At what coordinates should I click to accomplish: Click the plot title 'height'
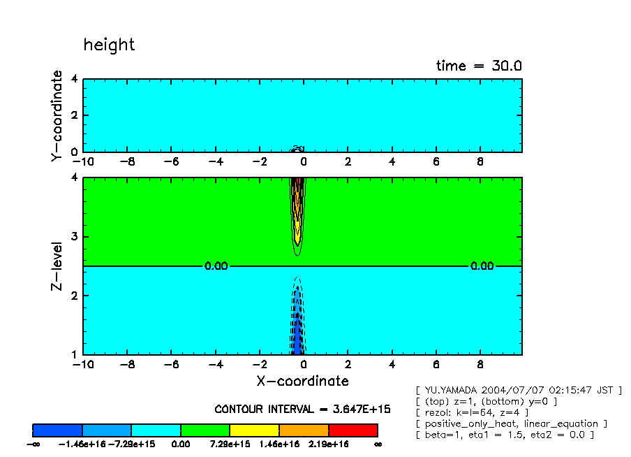tap(109, 45)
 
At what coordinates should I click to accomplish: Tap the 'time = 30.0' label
tap(479, 66)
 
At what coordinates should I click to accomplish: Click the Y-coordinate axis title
tap(57, 117)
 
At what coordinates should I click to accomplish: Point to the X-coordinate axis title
tap(302, 381)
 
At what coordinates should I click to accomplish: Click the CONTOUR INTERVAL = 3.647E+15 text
tap(302, 409)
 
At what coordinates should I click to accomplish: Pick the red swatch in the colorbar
tap(352, 430)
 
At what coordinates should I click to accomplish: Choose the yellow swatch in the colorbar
tap(254, 430)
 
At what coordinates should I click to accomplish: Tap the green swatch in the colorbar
tap(205, 430)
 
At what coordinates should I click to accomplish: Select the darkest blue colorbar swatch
tap(57, 430)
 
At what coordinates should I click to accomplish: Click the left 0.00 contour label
tap(216, 266)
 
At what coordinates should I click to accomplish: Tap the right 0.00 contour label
tap(482, 266)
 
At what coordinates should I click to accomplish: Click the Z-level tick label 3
tap(74, 237)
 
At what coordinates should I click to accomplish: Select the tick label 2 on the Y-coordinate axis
tap(74, 115)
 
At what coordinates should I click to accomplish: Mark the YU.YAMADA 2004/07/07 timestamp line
tap(518, 390)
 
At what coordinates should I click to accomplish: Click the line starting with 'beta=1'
tap(504, 435)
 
